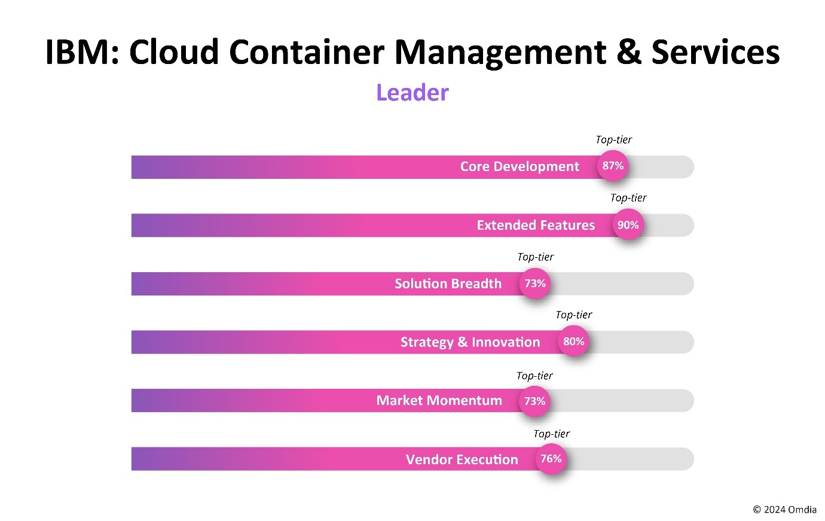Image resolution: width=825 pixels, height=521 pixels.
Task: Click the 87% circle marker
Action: (613, 166)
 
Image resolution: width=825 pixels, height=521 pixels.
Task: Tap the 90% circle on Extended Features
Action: (628, 225)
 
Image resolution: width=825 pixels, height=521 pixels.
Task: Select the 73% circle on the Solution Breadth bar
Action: (535, 284)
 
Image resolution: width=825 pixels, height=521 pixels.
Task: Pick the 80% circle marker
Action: (573, 342)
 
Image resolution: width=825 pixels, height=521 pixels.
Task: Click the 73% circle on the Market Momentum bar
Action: (534, 401)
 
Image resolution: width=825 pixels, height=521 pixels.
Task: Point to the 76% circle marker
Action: (551, 459)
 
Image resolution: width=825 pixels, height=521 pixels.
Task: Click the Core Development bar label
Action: (519, 167)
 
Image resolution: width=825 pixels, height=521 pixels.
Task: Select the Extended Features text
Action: (535, 226)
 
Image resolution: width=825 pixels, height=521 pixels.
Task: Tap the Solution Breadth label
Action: (448, 284)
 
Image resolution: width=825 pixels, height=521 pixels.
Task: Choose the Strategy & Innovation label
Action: (470, 342)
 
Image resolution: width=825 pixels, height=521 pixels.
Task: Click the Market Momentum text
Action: (439, 401)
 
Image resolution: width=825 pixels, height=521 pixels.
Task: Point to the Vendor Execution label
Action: (462, 459)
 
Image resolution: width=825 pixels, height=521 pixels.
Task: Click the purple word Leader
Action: (412, 93)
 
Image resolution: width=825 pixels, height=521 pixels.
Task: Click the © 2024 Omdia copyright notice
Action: (784, 510)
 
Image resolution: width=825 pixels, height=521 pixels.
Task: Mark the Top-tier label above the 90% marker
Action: (628, 198)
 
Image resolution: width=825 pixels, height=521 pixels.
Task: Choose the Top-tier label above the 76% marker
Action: (551, 434)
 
